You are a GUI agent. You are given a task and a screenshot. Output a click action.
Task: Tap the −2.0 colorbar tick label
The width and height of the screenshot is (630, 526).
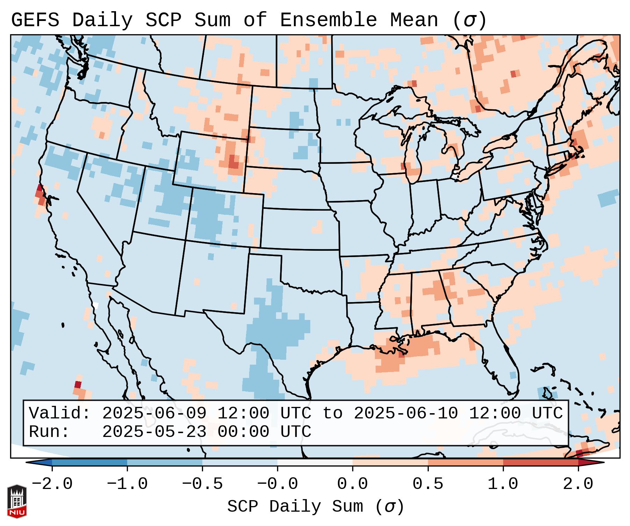(x=52, y=484)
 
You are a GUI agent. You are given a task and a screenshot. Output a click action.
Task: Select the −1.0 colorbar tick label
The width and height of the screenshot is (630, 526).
(x=127, y=484)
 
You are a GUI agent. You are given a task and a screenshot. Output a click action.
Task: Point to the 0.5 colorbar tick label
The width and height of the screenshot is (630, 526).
(x=428, y=484)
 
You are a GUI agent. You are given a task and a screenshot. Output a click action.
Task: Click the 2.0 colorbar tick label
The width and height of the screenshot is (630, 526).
(x=578, y=484)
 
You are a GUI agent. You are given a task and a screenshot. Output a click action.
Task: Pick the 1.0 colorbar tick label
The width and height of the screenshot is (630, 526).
(x=503, y=484)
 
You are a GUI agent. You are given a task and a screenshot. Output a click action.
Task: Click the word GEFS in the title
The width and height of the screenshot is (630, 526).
(x=35, y=20)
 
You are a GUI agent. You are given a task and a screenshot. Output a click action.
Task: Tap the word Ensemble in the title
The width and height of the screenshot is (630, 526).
(x=328, y=20)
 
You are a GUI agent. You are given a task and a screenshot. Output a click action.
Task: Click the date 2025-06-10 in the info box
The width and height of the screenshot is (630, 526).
(x=406, y=413)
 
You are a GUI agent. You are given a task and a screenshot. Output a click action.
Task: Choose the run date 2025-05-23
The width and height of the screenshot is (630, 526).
(x=154, y=432)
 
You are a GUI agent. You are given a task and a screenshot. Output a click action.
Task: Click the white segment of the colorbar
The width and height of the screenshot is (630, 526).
(x=315, y=462)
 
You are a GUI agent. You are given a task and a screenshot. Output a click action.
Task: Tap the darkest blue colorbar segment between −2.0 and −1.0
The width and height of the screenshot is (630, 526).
(x=89, y=462)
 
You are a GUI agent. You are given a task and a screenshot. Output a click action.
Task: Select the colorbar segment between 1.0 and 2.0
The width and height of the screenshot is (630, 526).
(x=541, y=462)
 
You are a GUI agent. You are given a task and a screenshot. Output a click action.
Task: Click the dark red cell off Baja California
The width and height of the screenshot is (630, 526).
(x=78, y=385)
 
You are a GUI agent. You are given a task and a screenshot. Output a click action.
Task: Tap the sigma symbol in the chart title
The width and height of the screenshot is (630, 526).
(x=470, y=20)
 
